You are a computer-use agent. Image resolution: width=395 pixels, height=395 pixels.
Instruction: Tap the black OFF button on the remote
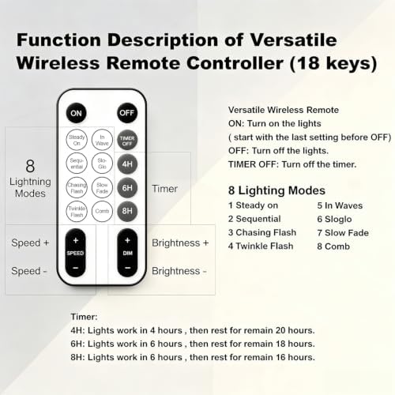[x=127, y=113]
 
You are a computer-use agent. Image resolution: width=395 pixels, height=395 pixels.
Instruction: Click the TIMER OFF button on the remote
[x=127, y=141]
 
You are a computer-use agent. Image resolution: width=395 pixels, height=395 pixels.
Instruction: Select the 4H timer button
[x=127, y=164]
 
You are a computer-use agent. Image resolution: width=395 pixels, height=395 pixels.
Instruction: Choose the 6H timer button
[x=127, y=188]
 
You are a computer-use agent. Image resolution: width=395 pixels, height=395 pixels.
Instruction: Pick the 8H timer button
[x=127, y=211]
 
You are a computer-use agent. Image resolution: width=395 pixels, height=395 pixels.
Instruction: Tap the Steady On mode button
[x=77, y=140]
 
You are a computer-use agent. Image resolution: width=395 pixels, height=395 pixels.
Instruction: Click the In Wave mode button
[x=102, y=140]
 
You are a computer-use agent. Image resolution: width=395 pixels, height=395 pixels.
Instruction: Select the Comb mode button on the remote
[x=102, y=211]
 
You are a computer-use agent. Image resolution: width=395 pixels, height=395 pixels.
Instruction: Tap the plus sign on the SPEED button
[x=76, y=240]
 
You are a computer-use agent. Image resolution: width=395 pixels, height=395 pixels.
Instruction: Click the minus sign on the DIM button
[x=128, y=268]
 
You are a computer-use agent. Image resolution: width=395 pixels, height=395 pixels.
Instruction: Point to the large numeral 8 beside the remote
[x=30, y=166]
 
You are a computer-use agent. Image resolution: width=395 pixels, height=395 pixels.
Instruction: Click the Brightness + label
[x=180, y=243]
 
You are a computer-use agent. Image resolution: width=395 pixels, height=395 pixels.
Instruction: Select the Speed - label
[x=29, y=271]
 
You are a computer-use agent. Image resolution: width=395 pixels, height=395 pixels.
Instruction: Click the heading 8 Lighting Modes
[x=276, y=190]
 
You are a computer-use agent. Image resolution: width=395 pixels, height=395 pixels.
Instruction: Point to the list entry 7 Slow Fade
[x=343, y=232]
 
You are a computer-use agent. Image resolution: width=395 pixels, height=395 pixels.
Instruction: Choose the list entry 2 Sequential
[x=254, y=219]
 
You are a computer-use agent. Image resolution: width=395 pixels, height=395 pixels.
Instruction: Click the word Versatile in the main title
[x=293, y=39]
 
